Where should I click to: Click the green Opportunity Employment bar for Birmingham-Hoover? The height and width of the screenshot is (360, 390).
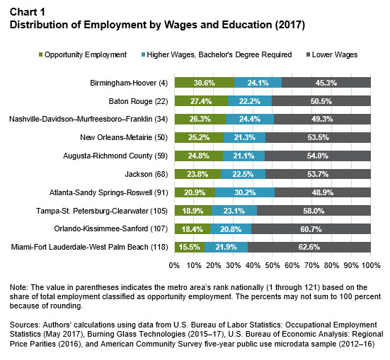coord(205,83)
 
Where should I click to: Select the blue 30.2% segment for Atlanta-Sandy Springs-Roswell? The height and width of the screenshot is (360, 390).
coord(245,192)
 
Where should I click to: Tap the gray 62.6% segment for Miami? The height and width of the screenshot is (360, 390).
coord(309,247)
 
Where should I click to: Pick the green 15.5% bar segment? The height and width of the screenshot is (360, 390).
coord(190,247)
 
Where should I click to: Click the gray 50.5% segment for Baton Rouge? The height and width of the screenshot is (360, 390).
coord(321,101)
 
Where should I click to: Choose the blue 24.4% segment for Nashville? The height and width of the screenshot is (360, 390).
coord(250,119)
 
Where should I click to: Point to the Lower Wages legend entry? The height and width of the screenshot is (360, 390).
coord(332,54)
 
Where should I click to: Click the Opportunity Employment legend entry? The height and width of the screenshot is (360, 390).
coord(83,54)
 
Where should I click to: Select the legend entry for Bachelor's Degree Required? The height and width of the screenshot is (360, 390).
coord(217,54)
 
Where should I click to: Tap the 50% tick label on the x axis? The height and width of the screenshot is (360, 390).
coord(273,265)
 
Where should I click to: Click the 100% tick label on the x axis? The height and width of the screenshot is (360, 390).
coord(371,265)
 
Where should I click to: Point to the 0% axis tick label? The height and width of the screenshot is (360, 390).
coord(174,265)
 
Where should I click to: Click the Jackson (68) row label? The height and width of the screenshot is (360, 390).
coord(147,174)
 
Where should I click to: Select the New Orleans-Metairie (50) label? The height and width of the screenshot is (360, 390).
coord(124,137)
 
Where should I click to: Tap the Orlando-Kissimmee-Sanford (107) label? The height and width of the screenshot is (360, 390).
coord(111,228)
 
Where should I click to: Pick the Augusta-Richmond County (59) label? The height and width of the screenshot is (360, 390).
coord(115,156)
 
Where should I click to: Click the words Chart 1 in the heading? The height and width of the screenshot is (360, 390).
coord(28,12)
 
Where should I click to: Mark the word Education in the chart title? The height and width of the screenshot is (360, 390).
coord(247,25)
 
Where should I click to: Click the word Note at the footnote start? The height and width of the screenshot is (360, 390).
coord(18,287)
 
